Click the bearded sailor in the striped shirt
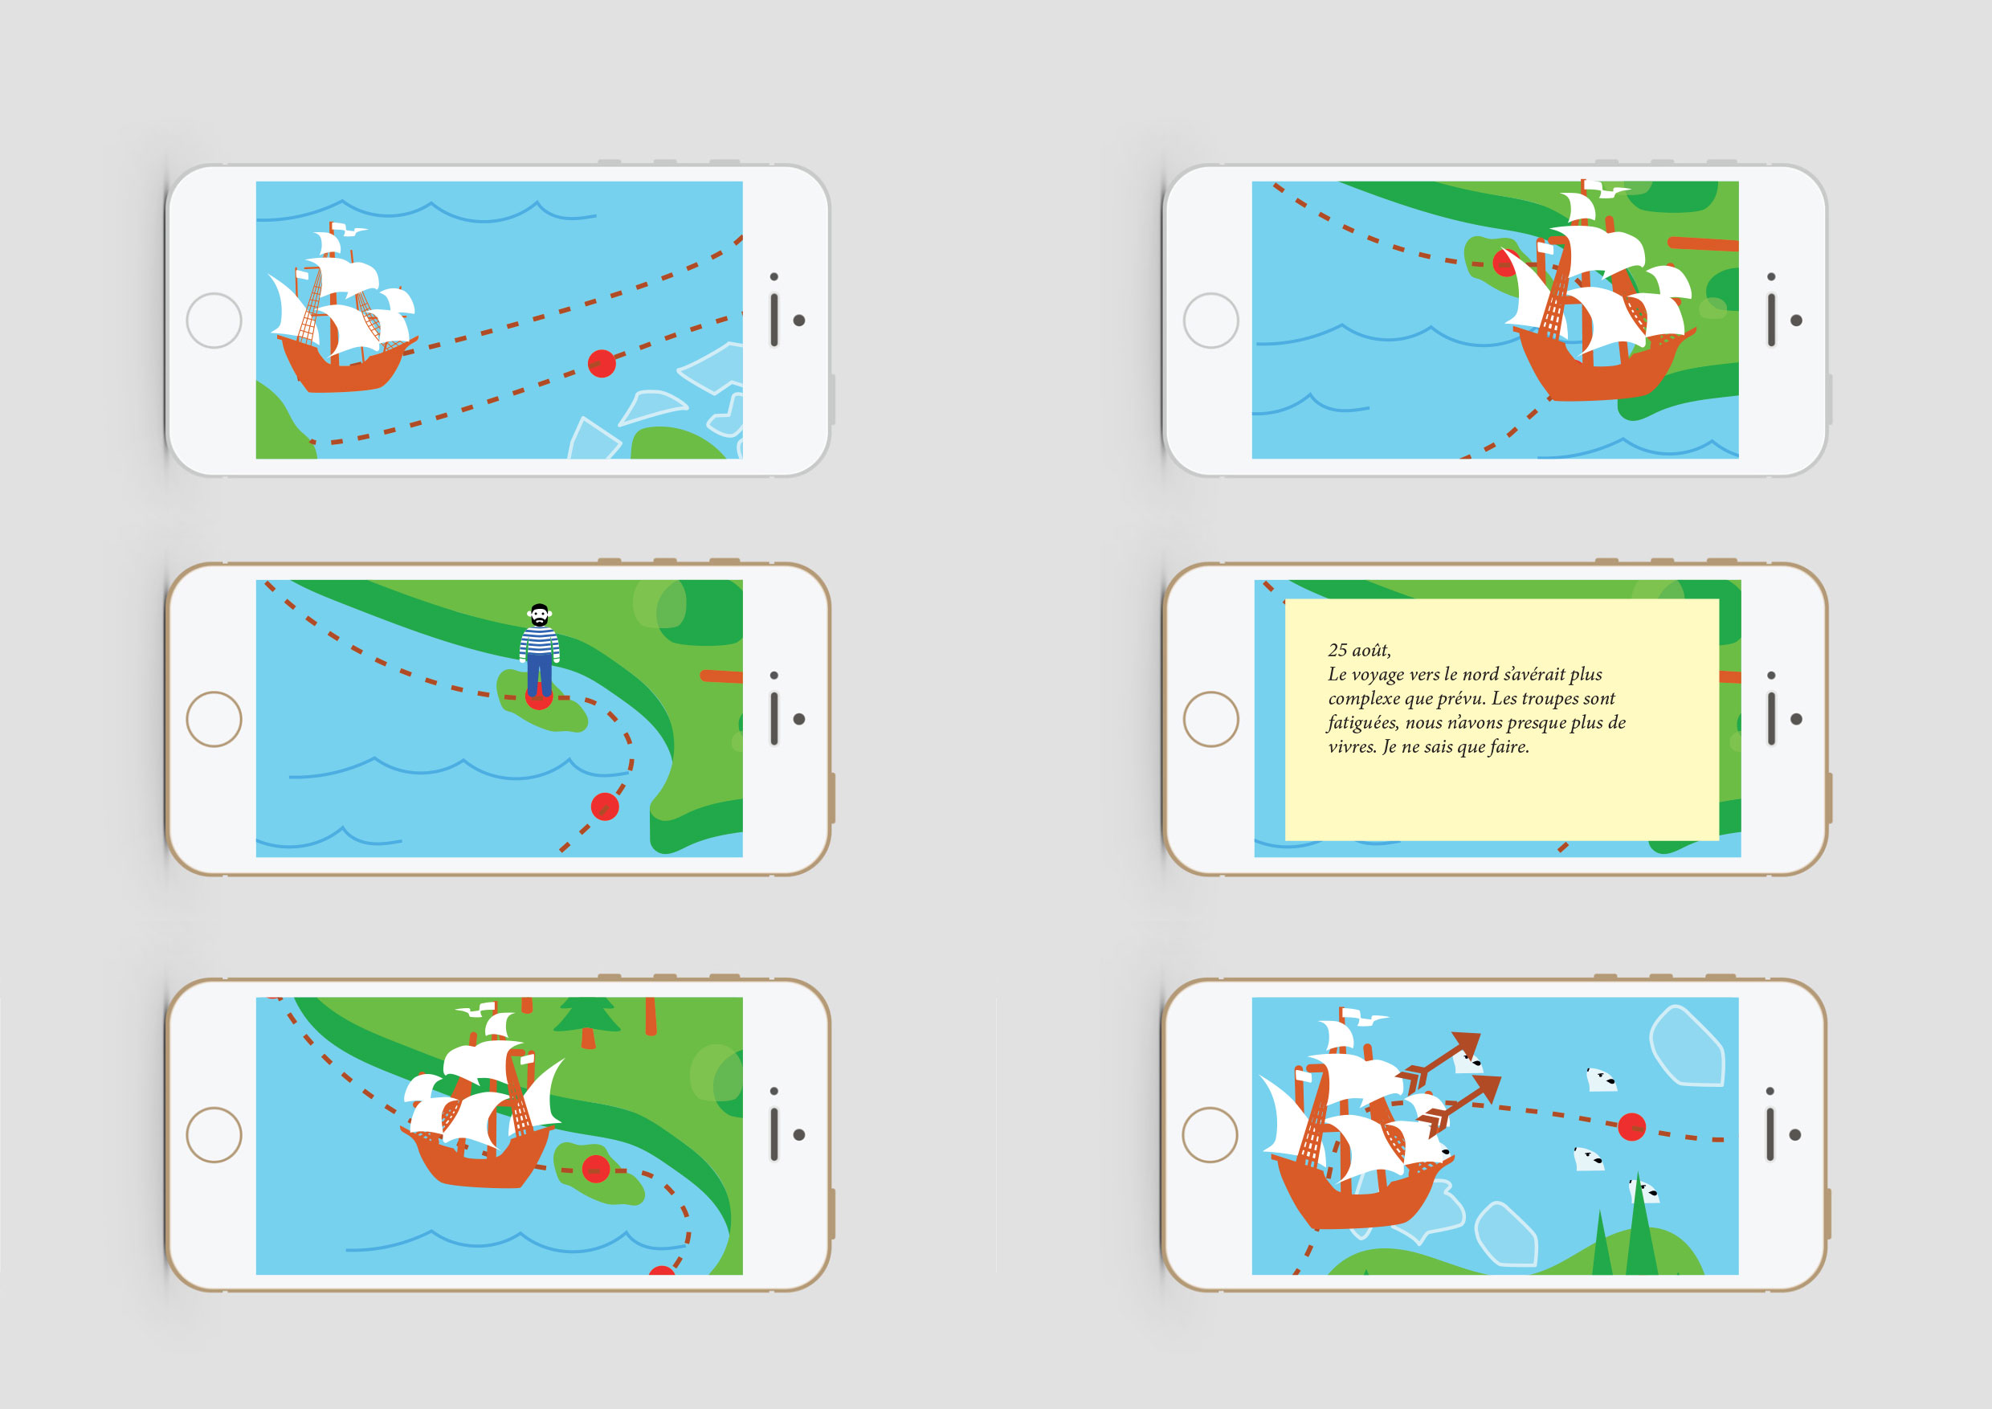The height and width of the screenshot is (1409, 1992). click(539, 651)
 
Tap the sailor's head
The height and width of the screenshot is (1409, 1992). click(539, 615)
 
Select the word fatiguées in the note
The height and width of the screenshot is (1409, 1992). click(1363, 723)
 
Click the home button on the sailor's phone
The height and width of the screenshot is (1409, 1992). click(214, 719)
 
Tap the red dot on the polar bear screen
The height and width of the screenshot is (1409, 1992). click(1631, 1126)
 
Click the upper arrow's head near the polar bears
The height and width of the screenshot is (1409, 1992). click(1466, 1044)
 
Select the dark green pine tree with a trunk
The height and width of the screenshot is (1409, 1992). click(587, 1020)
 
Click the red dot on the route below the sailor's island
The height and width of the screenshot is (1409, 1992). click(605, 807)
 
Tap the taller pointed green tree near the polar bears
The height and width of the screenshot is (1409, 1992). click(1639, 1227)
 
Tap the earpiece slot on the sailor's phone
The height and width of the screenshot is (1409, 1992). click(774, 718)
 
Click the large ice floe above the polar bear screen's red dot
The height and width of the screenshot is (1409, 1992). click(1687, 1045)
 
